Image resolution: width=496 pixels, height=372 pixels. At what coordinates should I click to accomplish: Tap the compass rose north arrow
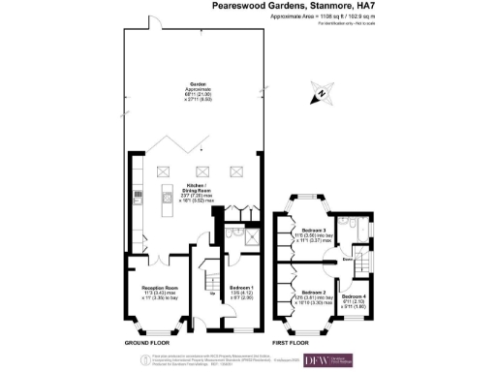click(321, 95)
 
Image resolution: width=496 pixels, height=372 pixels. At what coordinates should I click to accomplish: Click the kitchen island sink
click(164, 206)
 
